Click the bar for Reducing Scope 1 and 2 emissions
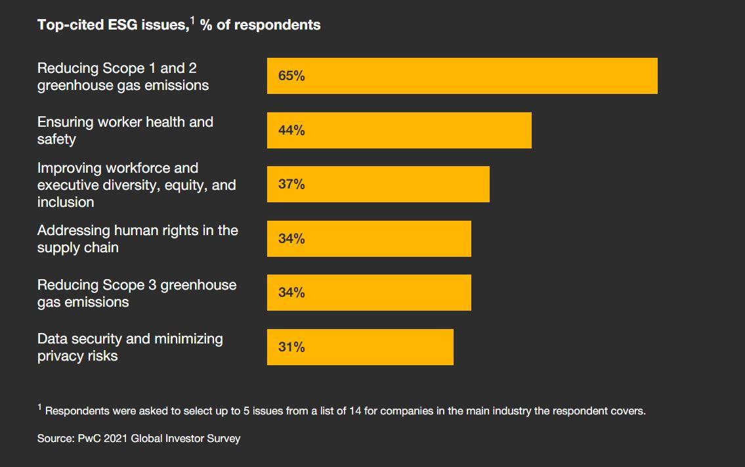tap(462, 76)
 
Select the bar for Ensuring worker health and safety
tap(399, 130)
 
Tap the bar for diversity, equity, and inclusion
tap(378, 185)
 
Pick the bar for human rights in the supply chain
tap(369, 238)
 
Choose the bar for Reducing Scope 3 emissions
tap(369, 293)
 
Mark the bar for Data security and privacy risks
tap(360, 347)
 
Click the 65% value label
tap(291, 76)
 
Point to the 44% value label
tap(291, 130)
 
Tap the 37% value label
tap(291, 185)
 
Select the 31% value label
tap(291, 347)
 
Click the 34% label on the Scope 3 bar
tap(291, 293)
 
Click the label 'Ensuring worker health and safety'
tap(125, 130)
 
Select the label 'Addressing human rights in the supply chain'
tap(137, 239)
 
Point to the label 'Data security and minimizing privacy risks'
tap(130, 347)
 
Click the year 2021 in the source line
tap(116, 438)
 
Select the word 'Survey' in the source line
tap(223, 438)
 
